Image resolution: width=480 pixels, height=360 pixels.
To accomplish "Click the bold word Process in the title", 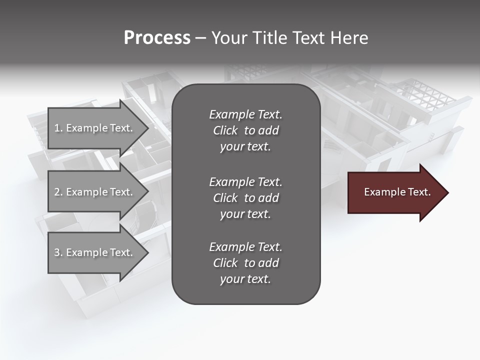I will pyautogui.click(x=157, y=38).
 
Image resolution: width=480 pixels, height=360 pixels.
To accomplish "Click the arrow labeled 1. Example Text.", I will pyautogui.click(x=95, y=128).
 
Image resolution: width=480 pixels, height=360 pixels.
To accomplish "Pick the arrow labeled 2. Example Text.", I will pyautogui.click(x=95, y=192).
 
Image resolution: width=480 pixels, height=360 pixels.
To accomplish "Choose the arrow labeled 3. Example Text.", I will pyautogui.click(x=95, y=252).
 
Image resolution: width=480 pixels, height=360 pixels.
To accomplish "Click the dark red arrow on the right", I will pyautogui.click(x=395, y=192).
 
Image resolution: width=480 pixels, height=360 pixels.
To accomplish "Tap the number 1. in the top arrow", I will pyautogui.click(x=58, y=128).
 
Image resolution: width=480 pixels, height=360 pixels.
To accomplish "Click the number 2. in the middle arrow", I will pyautogui.click(x=58, y=192).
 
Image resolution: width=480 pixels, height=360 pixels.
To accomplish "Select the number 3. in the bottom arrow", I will pyautogui.click(x=58, y=252).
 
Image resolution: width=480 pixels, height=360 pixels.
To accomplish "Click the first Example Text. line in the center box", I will pyautogui.click(x=245, y=114).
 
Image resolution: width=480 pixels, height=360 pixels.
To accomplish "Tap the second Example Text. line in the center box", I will pyautogui.click(x=245, y=181).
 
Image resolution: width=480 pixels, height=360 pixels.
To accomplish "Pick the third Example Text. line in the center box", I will pyautogui.click(x=245, y=247).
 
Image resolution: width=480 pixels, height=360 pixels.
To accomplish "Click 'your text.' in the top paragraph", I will pyautogui.click(x=245, y=147).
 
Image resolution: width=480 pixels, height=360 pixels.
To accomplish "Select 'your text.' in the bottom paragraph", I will pyautogui.click(x=245, y=279).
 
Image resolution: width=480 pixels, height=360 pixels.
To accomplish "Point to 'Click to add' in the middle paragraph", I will pyautogui.click(x=245, y=198).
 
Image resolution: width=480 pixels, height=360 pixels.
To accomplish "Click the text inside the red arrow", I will pyautogui.click(x=397, y=192).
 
